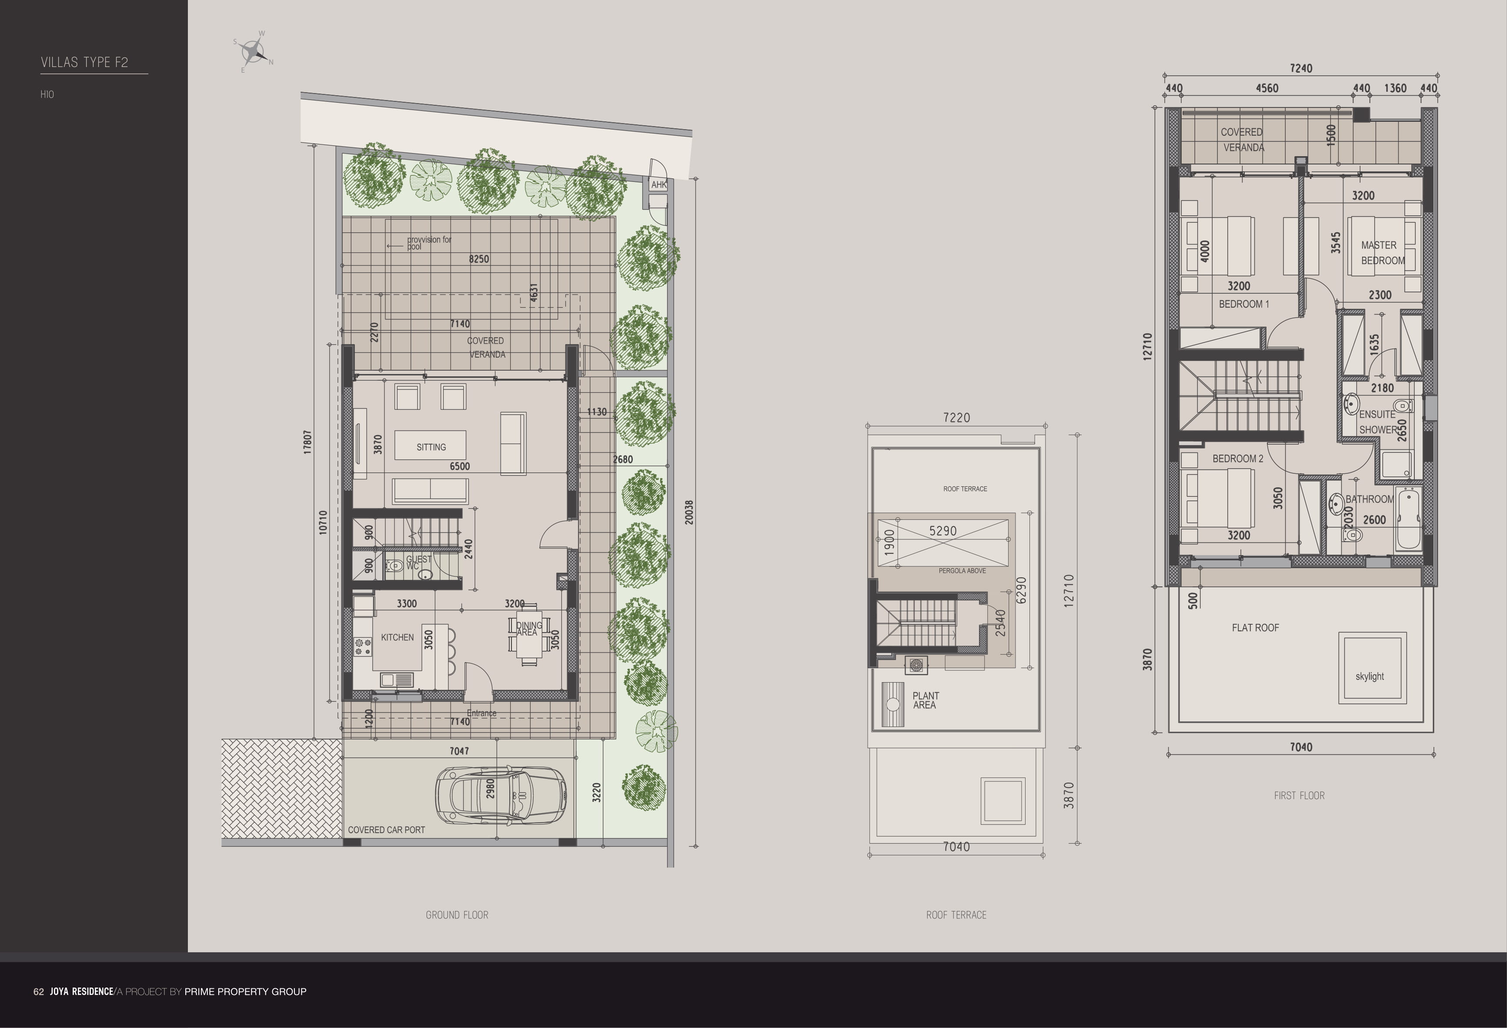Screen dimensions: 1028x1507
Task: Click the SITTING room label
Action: tap(431, 447)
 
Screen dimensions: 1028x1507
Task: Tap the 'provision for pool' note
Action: tap(428, 243)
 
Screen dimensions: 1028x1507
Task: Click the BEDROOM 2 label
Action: tap(1237, 459)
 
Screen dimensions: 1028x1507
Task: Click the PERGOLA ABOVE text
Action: tap(962, 571)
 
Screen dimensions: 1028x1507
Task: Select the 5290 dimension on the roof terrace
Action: tap(942, 531)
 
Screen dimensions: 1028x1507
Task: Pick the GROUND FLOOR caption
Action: tap(457, 914)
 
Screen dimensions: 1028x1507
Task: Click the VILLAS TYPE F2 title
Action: tap(84, 62)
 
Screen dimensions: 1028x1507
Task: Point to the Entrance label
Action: tap(481, 713)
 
